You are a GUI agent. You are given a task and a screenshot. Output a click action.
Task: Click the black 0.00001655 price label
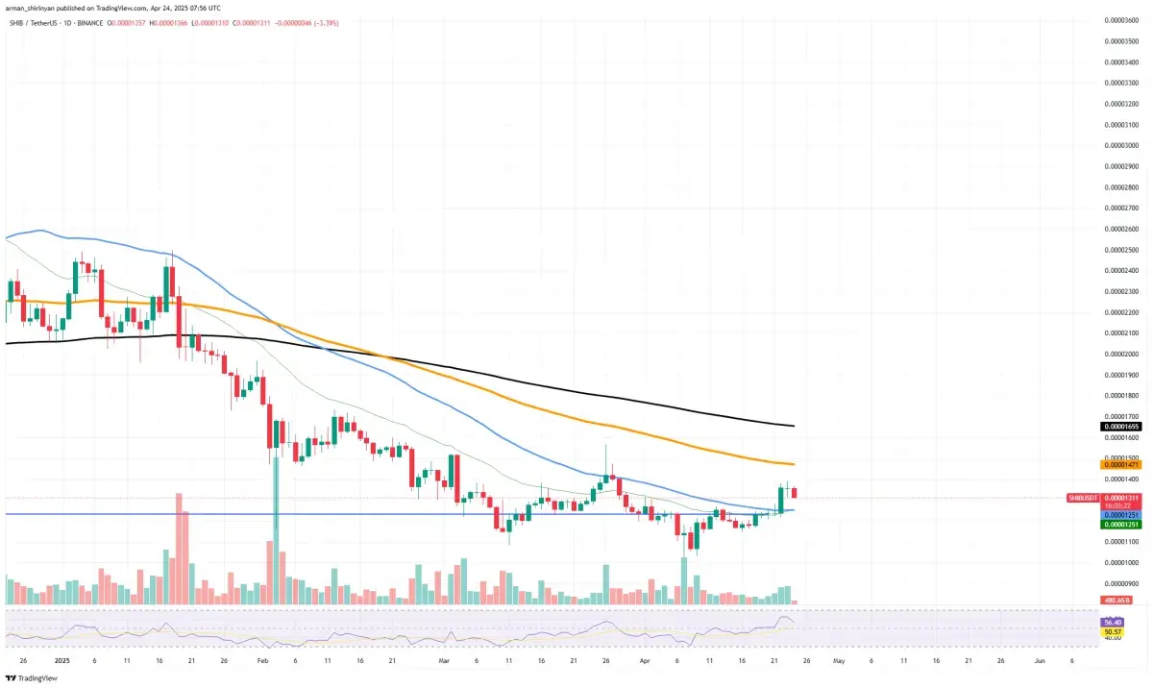pyautogui.click(x=1119, y=425)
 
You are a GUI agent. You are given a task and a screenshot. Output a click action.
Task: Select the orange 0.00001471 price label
pyautogui.click(x=1119, y=464)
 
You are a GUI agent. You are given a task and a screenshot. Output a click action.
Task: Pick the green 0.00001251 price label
pyautogui.click(x=1119, y=525)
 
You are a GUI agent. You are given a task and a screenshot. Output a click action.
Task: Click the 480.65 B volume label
pyautogui.click(x=1117, y=601)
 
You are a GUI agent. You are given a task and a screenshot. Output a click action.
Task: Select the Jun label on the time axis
pyautogui.click(x=1039, y=661)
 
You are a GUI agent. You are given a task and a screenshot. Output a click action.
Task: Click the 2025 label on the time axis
pyautogui.click(x=61, y=661)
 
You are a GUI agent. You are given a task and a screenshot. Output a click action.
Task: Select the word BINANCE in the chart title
pyautogui.click(x=121, y=19)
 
